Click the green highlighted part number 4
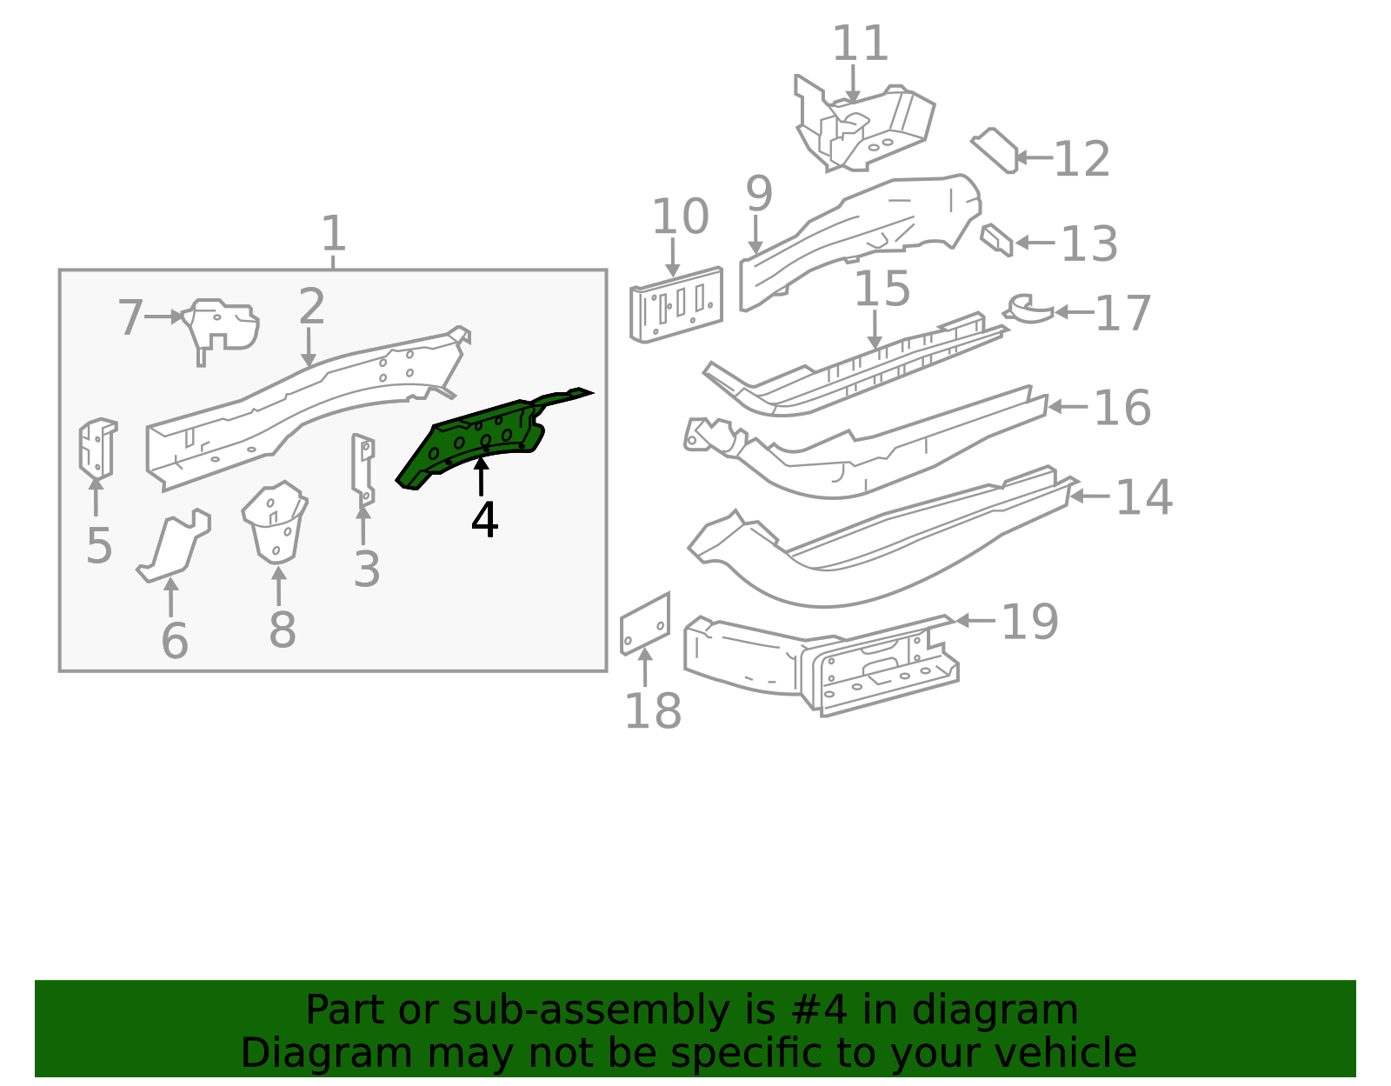click(480, 438)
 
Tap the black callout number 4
click(484, 519)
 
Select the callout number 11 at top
click(860, 43)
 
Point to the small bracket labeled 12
click(994, 150)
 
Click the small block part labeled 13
click(996, 240)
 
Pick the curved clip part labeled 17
click(1028, 309)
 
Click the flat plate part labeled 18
click(644, 624)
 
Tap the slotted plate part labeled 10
click(676, 304)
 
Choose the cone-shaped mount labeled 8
click(276, 523)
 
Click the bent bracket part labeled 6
click(174, 546)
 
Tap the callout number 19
click(1029, 622)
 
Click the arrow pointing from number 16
click(1068, 406)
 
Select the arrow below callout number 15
click(875, 329)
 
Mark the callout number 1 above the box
click(334, 234)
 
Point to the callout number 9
click(760, 193)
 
